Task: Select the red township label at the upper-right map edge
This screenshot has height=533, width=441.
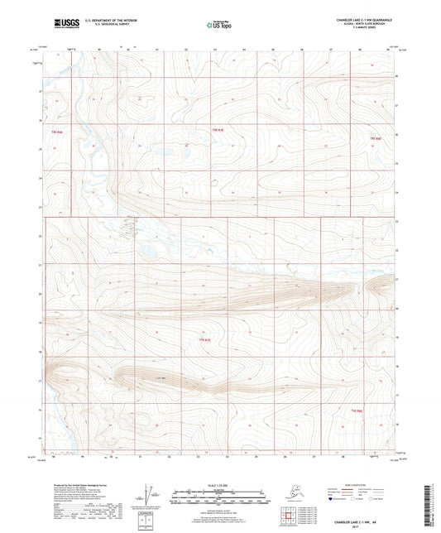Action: click(377, 137)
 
